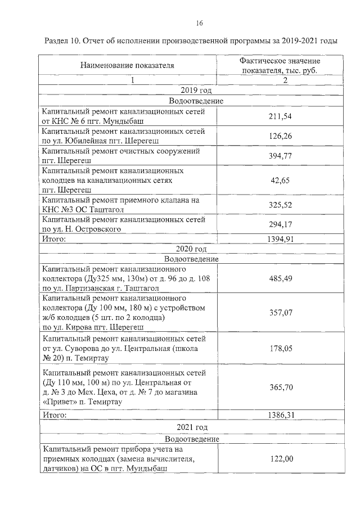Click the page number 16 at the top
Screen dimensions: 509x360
tap(199, 23)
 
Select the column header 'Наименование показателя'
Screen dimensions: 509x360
tap(127, 65)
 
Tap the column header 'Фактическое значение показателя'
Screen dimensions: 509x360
tap(280, 65)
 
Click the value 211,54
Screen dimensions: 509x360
tap(281, 116)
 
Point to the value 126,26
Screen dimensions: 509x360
tap(281, 136)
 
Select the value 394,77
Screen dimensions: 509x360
tap(281, 156)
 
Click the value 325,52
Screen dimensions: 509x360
tap(281, 205)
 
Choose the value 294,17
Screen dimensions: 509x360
tap(281, 225)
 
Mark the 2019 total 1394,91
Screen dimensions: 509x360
tap(281, 239)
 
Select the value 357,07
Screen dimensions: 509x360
tap(281, 313)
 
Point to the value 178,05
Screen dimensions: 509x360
tap(281, 349)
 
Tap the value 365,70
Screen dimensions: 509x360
tap(281, 388)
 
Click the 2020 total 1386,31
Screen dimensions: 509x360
tap(281, 415)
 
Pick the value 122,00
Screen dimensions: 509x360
tap(281, 459)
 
